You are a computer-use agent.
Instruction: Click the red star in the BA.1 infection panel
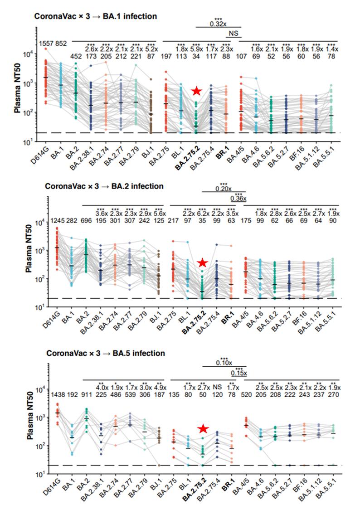point(196,91)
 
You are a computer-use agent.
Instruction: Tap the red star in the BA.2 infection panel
point(202,262)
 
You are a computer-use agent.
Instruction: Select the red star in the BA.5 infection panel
point(204,428)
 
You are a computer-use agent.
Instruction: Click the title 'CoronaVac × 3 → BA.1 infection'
point(96,16)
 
